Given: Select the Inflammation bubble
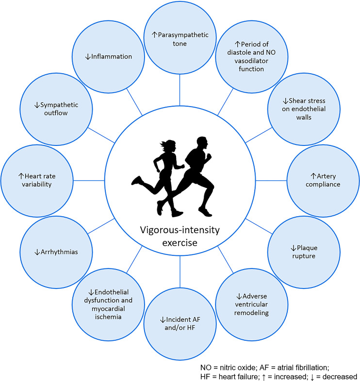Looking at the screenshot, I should coord(108,57).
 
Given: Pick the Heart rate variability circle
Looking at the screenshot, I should coord(36,180).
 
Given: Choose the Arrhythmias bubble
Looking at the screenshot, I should coord(55,252).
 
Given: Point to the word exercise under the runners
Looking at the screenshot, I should coord(180,242).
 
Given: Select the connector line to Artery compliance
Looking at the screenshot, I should coord(272,180).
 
